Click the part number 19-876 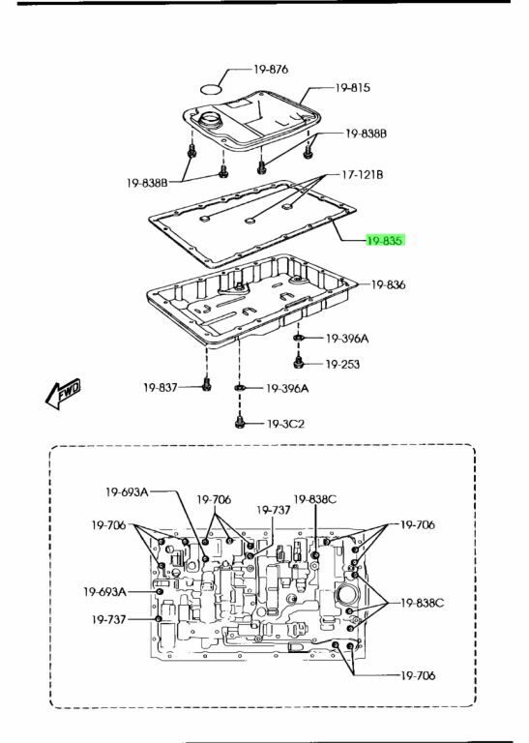point(271,70)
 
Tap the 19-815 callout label point(352,88)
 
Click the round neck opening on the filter point(210,118)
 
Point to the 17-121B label point(363,175)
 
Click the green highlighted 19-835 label point(385,241)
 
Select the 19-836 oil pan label point(388,284)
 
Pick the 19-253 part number point(342,365)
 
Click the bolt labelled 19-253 point(298,363)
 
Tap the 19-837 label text point(161,388)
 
